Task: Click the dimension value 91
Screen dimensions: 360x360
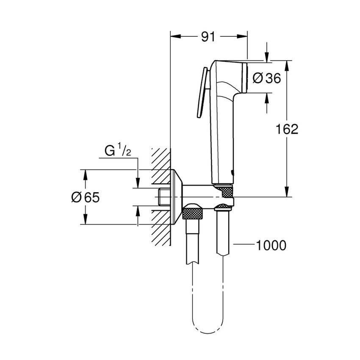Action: coord(208,37)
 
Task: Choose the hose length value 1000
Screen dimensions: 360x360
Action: coord(270,245)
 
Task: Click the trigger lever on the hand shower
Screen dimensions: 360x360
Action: coord(202,93)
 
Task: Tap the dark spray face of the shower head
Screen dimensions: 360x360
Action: coord(245,78)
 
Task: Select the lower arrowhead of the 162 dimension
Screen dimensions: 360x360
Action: coord(287,193)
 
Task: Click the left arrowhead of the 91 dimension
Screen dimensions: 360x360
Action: coord(174,37)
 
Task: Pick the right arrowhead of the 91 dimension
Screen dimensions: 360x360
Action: coord(243,37)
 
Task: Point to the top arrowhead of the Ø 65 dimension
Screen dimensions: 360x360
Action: coord(85,173)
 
